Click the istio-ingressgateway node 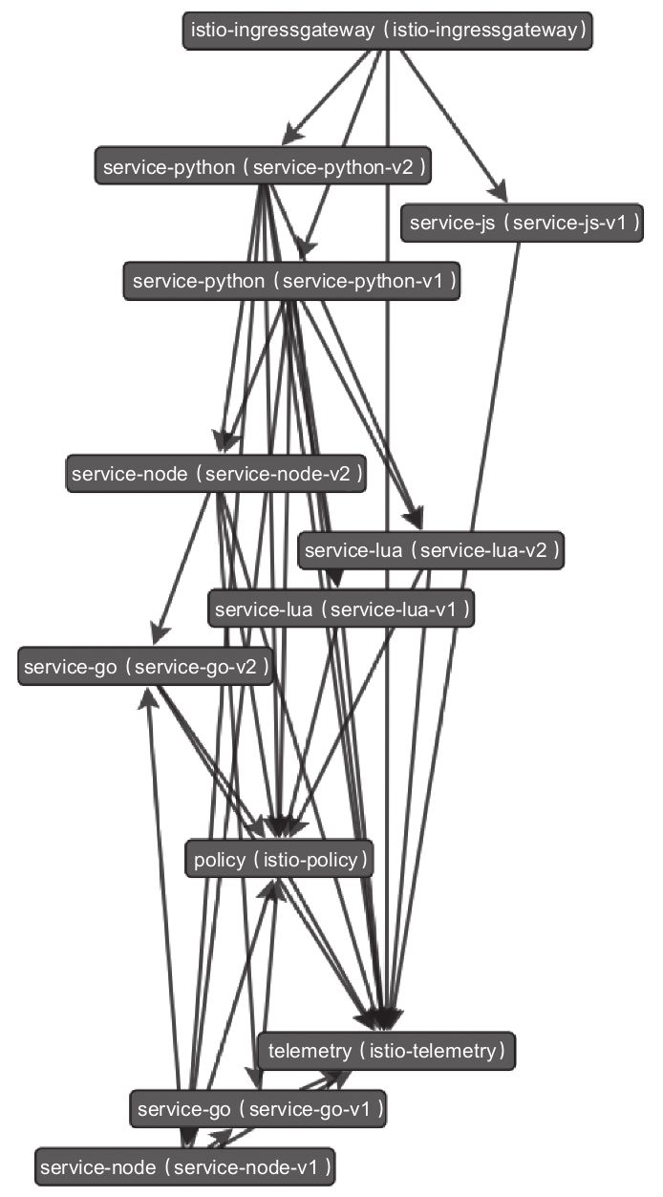pyautogui.click(x=388, y=31)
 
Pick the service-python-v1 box pyautogui.click(x=291, y=282)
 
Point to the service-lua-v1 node pyautogui.click(x=341, y=609)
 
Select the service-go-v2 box pyautogui.click(x=145, y=667)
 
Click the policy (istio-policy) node pyautogui.click(x=279, y=860)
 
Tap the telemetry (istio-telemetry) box pyautogui.click(x=386, y=1052)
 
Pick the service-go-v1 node pyautogui.click(x=261, y=1109)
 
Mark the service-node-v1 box pyautogui.click(x=185, y=1166)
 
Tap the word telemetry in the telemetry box pyautogui.click(x=310, y=1052)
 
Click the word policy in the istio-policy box pyautogui.click(x=219, y=860)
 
